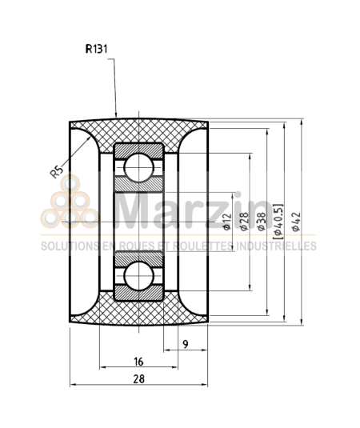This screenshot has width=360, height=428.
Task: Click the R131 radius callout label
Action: pos(98,48)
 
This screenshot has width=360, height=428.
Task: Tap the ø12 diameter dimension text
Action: pos(227,222)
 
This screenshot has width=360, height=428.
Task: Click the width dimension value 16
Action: pos(138,361)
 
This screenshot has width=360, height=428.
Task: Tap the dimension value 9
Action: pos(185,344)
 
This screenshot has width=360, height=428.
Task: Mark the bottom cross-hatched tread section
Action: pos(139,314)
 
